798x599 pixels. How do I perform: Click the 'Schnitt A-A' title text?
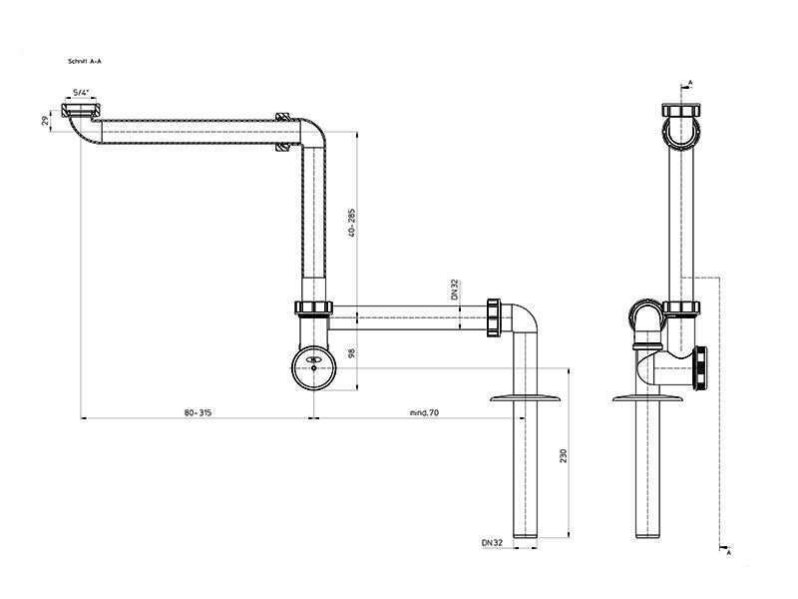85,62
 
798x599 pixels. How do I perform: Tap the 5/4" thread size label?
81,93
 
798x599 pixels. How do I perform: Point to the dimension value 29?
46,121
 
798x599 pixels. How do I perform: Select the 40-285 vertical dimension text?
352,223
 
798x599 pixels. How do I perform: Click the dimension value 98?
352,352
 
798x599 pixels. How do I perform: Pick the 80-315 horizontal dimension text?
198,412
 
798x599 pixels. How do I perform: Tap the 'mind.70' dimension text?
424,412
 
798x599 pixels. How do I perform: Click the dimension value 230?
563,455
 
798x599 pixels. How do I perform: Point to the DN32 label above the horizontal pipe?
455,290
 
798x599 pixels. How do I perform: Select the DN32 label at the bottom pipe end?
492,543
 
